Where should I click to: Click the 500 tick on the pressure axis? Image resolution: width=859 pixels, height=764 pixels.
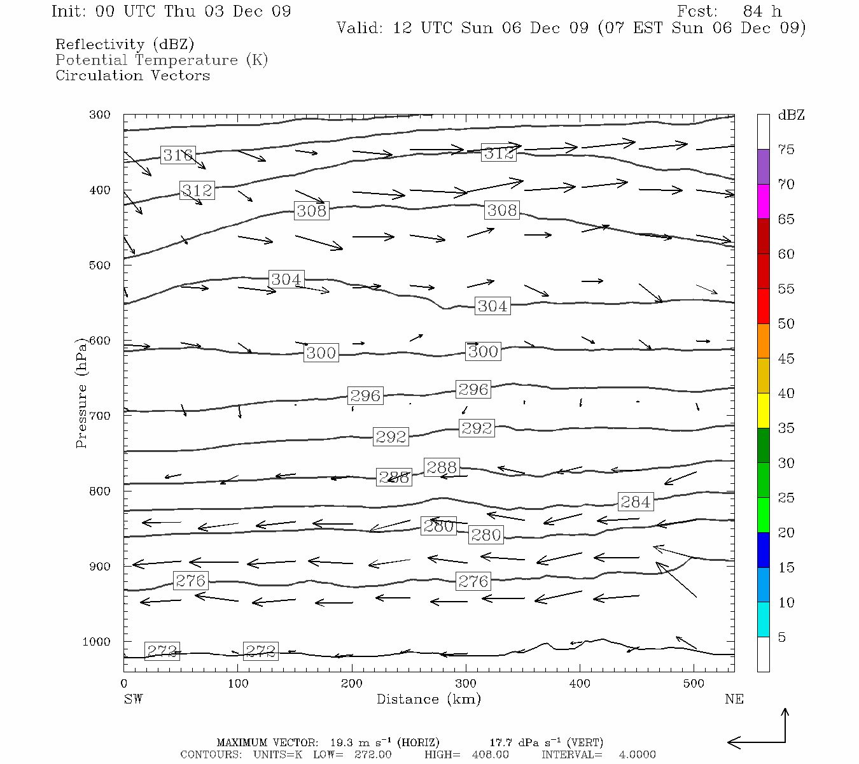click(x=99, y=265)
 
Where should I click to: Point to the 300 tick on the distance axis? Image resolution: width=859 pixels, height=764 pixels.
click(x=466, y=683)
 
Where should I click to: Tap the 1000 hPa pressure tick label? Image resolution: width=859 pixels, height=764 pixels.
click(x=96, y=641)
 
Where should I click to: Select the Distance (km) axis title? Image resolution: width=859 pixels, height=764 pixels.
click(x=428, y=699)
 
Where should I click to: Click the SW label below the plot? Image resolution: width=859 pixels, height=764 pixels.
click(x=133, y=699)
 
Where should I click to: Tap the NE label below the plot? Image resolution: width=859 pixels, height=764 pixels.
click(x=734, y=699)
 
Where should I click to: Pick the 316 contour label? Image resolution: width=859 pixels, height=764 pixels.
click(x=178, y=155)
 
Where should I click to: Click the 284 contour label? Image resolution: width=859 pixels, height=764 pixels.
click(x=635, y=502)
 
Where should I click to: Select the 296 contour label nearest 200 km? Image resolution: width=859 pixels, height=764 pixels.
click(x=365, y=395)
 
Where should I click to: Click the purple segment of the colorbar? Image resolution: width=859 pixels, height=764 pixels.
click(x=763, y=166)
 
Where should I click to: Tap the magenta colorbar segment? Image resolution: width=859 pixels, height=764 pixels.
click(x=763, y=201)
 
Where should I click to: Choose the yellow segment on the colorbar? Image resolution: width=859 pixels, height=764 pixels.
click(x=763, y=411)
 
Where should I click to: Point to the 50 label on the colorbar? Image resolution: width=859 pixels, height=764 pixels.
click(x=786, y=323)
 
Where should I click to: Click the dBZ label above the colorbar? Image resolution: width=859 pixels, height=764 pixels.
click(x=791, y=115)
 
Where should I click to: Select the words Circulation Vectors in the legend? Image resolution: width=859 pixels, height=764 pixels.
click(x=132, y=75)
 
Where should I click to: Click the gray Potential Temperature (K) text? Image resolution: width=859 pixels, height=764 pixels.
click(x=162, y=60)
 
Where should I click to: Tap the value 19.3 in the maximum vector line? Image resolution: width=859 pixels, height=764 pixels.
click(x=342, y=742)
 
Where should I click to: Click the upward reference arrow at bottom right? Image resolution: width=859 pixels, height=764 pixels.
click(x=785, y=723)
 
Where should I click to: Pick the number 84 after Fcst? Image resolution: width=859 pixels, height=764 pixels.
click(x=753, y=11)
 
